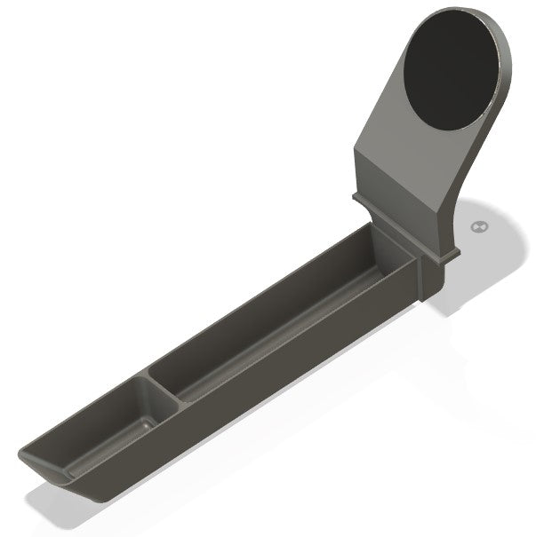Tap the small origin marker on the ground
481,227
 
